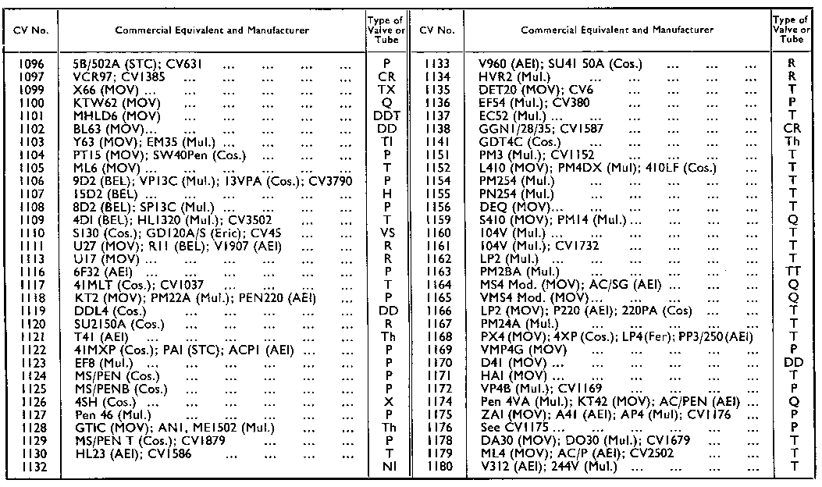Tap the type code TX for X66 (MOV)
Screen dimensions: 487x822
click(x=388, y=91)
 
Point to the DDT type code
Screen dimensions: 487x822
click(x=388, y=116)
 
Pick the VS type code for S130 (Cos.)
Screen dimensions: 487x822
click(x=388, y=233)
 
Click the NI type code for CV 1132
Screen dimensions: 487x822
click(x=388, y=467)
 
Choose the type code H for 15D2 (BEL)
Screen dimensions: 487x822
click(x=388, y=194)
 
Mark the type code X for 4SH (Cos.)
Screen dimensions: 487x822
click(x=388, y=402)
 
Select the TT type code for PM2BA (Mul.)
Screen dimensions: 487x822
click(x=793, y=272)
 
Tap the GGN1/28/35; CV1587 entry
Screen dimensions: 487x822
click(x=542, y=129)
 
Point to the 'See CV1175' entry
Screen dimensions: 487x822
click(x=515, y=428)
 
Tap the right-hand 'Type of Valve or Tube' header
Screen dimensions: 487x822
click(x=793, y=30)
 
